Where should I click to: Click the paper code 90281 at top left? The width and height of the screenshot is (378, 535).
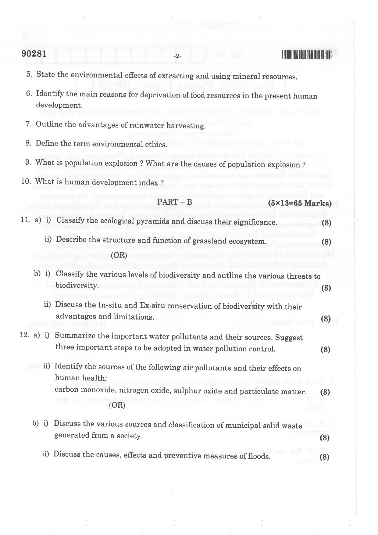click(34, 54)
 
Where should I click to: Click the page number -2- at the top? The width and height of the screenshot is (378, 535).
click(177, 56)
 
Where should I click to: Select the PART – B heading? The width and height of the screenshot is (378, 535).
click(175, 202)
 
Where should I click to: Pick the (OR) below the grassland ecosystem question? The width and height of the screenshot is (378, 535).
click(119, 255)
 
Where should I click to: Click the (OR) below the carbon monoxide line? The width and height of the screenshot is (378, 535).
click(117, 405)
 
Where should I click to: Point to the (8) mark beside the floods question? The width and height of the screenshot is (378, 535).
click(325, 457)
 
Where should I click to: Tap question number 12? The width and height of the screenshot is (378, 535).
click(24, 335)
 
